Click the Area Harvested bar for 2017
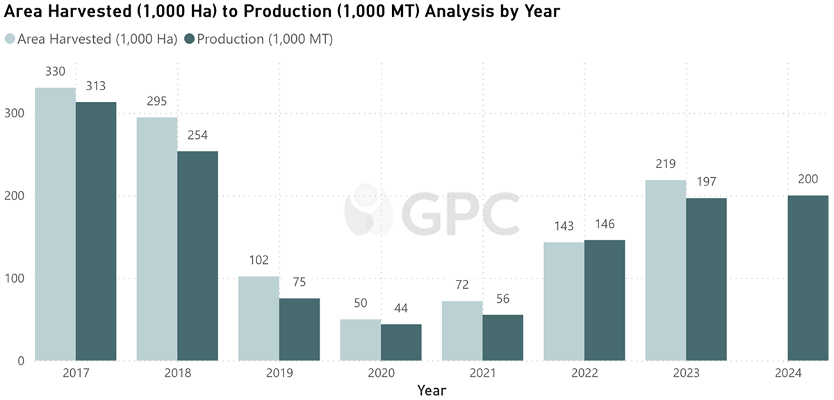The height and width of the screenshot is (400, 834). pos(56,224)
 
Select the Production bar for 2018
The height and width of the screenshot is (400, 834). pos(197,256)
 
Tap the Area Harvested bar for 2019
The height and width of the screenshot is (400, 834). pos(259,318)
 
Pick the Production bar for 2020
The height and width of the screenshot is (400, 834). pos(401,342)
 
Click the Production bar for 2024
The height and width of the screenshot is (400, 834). pos(808,278)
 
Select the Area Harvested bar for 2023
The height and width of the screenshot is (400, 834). pos(666,270)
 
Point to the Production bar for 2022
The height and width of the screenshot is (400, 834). pos(605,300)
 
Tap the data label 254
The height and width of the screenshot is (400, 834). pos(197,135)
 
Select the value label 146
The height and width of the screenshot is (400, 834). pos(605,225)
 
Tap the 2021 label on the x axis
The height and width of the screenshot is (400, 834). pos(483,373)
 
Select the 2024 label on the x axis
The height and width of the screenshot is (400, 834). pos(788,373)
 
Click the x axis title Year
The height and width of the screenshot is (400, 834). pos(432,390)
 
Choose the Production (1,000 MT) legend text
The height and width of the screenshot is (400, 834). pos(265,40)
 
